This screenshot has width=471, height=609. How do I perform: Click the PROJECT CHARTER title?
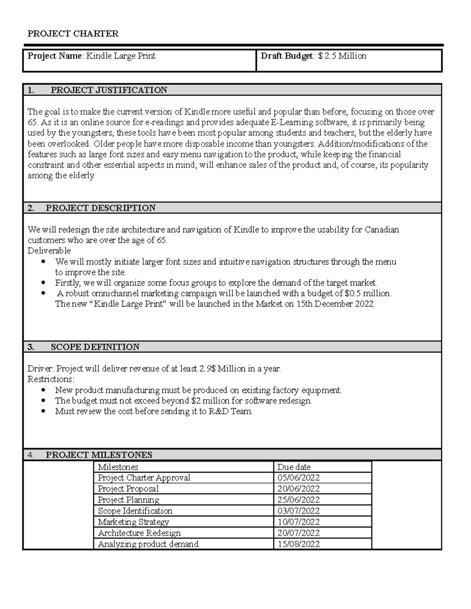pos(73,34)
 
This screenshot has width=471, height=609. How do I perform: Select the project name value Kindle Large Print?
pos(121,56)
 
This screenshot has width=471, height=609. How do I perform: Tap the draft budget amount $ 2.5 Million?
pos(342,56)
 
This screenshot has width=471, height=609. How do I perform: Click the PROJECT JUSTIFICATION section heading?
pos(109,90)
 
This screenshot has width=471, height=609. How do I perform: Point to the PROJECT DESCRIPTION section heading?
pos(100,208)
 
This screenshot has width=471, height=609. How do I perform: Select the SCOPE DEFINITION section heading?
pos(95,347)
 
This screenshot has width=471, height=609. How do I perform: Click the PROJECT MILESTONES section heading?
pos(99,455)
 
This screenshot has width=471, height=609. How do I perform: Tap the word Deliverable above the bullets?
pos(49,251)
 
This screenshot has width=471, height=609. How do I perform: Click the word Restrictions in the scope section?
pos(50,379)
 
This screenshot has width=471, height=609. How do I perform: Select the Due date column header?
pos(294,467)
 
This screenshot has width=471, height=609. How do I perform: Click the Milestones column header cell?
pos(118,467)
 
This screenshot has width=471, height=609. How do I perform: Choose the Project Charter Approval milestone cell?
pos(144,478)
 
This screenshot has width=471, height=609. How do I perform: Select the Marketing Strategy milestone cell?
pos(133,522)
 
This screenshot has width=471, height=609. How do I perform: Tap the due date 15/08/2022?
pos(298,544)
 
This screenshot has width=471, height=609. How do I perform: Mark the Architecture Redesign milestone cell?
pos(139,533)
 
